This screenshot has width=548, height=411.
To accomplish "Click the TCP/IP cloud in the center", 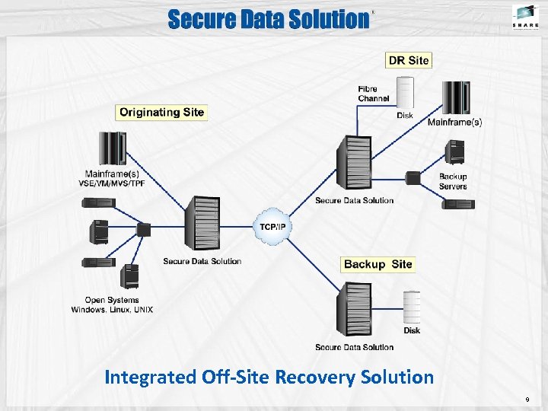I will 273,227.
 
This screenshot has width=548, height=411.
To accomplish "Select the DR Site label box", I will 409,60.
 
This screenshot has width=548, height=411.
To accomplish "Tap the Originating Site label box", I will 161,112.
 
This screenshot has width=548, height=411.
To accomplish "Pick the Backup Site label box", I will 378,264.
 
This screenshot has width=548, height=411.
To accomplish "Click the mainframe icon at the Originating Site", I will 112,148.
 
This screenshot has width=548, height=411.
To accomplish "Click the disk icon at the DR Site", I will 404,94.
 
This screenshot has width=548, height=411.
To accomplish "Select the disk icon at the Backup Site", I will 412,307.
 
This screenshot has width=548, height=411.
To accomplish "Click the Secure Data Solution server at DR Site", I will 354,163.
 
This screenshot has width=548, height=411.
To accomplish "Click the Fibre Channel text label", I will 373,94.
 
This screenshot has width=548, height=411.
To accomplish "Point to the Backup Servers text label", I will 453,181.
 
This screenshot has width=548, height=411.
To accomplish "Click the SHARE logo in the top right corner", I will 525,16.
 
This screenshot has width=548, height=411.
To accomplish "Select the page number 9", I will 527,400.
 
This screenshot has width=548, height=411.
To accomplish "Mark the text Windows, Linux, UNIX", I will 112,310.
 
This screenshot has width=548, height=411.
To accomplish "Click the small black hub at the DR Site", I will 413,178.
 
